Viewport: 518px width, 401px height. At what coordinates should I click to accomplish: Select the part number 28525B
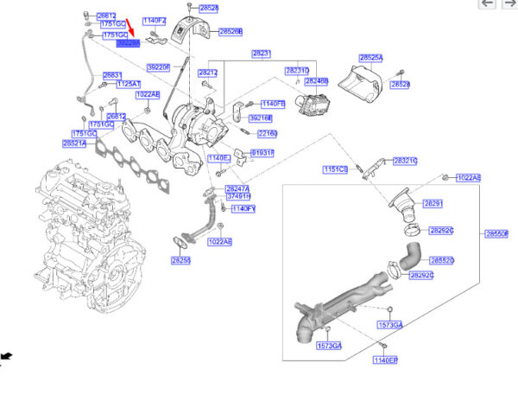[230, 31]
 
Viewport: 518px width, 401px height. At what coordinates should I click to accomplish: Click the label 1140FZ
[155, 20]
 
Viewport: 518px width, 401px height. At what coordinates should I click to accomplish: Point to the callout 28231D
[297, 70]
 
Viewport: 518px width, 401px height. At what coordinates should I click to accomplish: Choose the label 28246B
[316, 81]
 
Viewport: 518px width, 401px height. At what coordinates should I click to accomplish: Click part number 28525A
[370, 58]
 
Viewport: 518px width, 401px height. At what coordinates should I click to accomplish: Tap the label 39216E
[261, 118]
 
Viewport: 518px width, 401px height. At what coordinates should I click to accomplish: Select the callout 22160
[267, 134]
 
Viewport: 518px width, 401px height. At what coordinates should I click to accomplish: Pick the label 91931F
[262, 152]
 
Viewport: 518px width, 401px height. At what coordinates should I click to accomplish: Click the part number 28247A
[237, 188]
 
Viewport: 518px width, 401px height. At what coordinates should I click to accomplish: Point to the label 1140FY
[244, 208]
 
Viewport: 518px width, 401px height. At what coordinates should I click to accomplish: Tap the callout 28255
[180, 260]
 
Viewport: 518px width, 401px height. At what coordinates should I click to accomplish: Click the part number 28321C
[405, 161]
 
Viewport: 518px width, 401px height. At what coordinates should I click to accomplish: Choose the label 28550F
[497, 233]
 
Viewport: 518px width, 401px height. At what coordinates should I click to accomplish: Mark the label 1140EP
[385, 359]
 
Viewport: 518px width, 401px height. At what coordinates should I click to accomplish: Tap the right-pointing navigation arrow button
[509, 4]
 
